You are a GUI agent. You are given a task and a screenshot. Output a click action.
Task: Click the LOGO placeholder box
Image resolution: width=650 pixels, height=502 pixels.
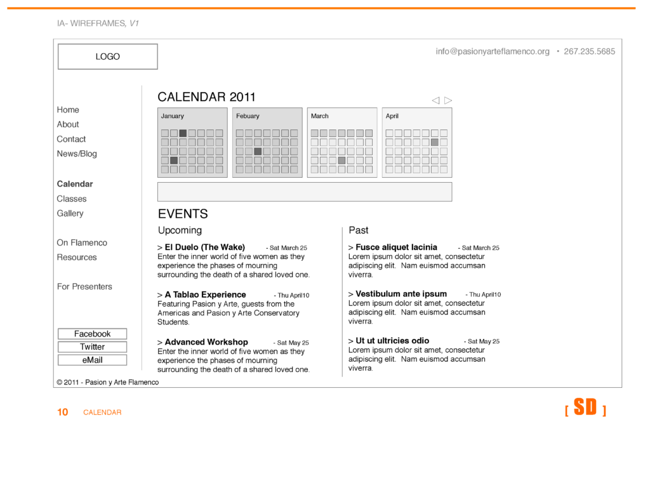[x=107, y=56]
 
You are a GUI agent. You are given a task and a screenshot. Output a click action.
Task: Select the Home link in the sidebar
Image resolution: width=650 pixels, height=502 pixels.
[x=68, y=110]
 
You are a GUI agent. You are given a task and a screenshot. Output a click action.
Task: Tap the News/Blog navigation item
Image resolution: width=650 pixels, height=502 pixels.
[x=77, y=154]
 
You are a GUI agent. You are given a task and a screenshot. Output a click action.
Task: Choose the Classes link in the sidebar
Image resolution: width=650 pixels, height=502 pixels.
[x=72, y=199]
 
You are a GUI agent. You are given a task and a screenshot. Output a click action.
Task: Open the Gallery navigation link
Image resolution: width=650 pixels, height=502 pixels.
[x=70, y=213]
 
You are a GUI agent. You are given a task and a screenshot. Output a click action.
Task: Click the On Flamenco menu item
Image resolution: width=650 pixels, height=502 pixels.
[x=82, y=242]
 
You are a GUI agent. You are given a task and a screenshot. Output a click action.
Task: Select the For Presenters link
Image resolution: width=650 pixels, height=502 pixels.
[x=84, y=286]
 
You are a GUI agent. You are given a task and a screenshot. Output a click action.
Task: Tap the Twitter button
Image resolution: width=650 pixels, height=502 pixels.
[x=92, y=347]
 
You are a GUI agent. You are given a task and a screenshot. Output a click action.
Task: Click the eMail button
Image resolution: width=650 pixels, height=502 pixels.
[x=92, y=360]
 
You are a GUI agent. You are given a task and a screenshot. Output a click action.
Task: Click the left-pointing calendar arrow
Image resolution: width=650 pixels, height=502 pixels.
[x=435, y=100]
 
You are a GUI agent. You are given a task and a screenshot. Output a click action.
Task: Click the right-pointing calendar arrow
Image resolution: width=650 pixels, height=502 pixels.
[x=448, y=100]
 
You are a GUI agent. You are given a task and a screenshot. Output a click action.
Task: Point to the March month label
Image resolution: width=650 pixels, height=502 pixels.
[x=320, y=116]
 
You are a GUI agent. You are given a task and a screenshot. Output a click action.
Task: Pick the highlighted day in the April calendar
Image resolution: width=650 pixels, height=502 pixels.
[x=434, y=142]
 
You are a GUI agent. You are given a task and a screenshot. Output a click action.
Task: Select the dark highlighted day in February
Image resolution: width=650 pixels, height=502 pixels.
[x=258, y=152]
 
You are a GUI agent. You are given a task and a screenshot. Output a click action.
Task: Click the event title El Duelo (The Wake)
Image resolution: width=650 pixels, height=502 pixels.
[x=204, y=248]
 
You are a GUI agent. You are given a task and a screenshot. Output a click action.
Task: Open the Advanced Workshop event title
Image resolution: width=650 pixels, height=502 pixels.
[x=206, y=342]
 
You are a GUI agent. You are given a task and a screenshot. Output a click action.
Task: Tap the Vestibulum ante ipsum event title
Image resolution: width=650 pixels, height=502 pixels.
[x=401, y=294]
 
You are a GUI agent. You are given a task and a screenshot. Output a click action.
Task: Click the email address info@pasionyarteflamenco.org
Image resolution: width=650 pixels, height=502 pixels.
[x=493, y=51]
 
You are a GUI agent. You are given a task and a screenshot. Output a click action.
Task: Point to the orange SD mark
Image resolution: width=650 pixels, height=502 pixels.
[x=585, y=407]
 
